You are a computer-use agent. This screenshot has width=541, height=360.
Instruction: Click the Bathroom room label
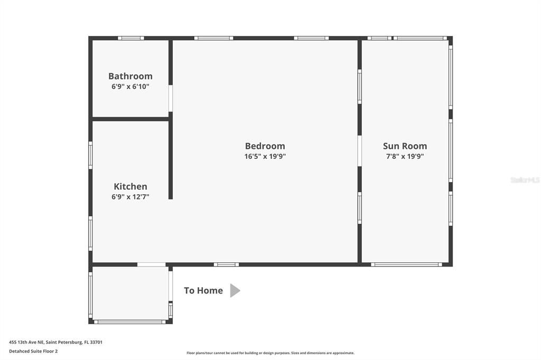point(130,76)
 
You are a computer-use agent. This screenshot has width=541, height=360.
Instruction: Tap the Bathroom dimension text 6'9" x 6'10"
point(130,87)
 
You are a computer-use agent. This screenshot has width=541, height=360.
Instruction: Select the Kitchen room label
point(130,186)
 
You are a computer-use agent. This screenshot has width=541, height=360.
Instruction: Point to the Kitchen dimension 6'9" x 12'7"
point(130,197)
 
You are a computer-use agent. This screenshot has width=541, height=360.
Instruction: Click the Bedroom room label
point(265,146)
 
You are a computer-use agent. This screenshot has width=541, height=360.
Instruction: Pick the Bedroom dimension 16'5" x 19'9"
point(265,156)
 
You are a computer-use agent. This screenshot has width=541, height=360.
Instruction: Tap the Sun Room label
point(405,146)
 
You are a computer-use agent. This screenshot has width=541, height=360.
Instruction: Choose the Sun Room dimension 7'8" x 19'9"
point(405,156)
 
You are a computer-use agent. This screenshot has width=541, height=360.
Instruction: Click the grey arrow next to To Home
point(235,290)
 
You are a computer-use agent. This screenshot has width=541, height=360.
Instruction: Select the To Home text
point(203,290)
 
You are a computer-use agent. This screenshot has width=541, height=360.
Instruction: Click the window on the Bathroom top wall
point(130,38)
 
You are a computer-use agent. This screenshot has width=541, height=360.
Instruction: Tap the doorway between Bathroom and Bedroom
point(171,98)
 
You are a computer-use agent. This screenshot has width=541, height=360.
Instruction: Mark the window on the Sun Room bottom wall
point(405,264)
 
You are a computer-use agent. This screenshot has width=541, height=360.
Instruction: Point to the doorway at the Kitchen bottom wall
point(151,264)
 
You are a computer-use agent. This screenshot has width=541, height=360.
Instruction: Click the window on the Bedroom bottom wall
point(226,264)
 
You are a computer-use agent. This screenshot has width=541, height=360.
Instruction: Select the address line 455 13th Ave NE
point(55,342)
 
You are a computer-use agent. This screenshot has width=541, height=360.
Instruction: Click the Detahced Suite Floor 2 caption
point(33,351)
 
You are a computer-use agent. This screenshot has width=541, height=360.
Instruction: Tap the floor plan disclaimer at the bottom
point(270,353)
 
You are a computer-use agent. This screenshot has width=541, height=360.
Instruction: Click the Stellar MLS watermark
point(525,180)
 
